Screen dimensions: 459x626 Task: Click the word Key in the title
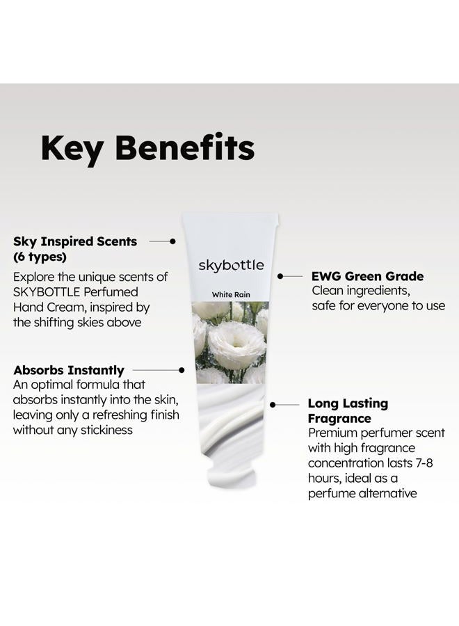click(x=72, y=149)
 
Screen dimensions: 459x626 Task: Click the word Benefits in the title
click(x=185, y=147)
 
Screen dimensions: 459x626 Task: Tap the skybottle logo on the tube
click(x=231, y=266)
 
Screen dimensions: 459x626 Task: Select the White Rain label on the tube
click(x=231, y=295)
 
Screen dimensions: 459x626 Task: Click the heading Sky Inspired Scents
click(x=75, y=241)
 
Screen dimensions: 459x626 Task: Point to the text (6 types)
click(x=40, y=257)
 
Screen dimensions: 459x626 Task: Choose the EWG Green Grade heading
click(x=368, y=276)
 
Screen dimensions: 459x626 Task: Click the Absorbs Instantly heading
click(x=69, y=371)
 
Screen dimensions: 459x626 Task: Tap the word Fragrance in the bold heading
click(x=339, y=419)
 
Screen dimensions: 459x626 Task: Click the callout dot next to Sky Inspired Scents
click(x=173, y=241)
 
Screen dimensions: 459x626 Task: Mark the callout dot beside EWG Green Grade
click(x=280, y=276)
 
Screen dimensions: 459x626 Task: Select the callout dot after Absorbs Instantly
click(x=182, y=370)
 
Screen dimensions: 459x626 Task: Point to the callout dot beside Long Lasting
click(x=273, y=405)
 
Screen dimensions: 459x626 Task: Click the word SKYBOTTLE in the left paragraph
click(x=47, y=292)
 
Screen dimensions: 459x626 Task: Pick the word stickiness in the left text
click(x=107, y=430)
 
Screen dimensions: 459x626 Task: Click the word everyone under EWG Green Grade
click(x=382, y=306)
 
